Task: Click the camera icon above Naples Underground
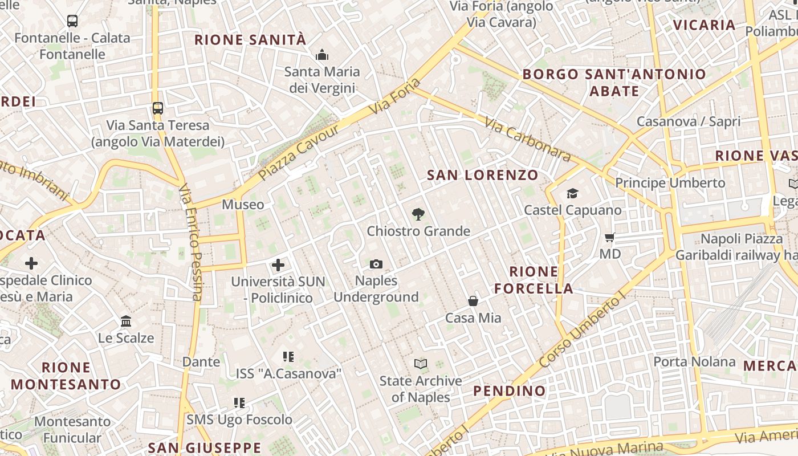[x=376, y=264]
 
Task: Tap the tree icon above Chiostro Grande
[x=418, y=214]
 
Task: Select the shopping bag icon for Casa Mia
[x=473, y=301]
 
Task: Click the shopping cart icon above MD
[x=610, y=237]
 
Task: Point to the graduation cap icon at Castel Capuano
[x=572, y=194]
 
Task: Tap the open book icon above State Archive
[x=421, y=364]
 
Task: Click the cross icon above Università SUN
[x=278, y=264]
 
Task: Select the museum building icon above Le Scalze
[x=126, y=321]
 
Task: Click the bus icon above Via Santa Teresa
[x=158, y=108]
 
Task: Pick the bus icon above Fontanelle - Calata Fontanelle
[x=72, y=21]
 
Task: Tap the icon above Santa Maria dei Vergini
[x=322, y=55]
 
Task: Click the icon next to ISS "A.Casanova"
[x=288, y=357]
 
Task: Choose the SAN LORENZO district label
[x=483, y=175]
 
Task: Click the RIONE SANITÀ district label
[x=250, y=40]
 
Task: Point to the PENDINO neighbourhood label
[x=510, y=391]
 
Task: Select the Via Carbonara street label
[x=527, y=139]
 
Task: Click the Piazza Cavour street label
[x=299, y=152]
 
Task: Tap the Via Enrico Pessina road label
[x=190, y=242]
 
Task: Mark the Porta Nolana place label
[x=694, y=361]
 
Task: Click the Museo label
[x=243, y=205]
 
